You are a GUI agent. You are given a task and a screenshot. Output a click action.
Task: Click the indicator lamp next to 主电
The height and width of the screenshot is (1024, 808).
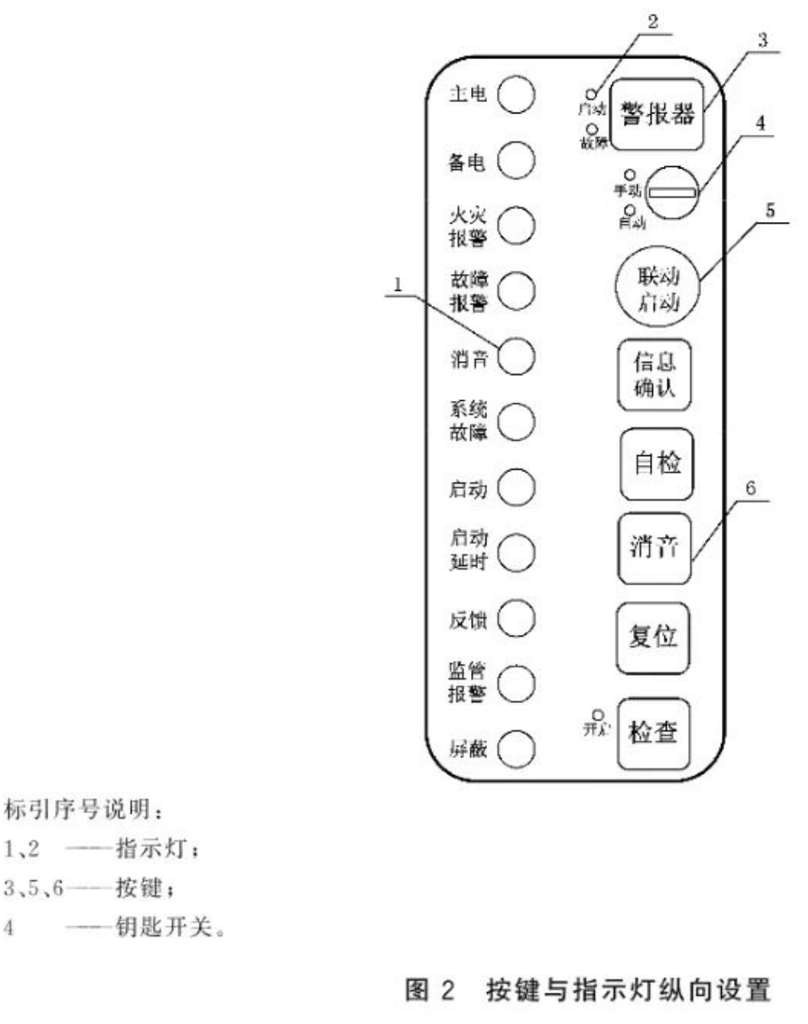[x=516, y=94]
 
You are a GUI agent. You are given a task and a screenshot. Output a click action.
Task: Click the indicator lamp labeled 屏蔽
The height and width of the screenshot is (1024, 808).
[x=516, y=748]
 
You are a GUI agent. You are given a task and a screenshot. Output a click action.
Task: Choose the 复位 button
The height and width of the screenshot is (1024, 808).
[x=653, y=637]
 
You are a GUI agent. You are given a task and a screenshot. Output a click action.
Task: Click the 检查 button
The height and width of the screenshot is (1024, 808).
[x=653, y=732]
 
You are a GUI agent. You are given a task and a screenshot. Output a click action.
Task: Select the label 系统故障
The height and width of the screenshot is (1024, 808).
[x=467, y=421]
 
